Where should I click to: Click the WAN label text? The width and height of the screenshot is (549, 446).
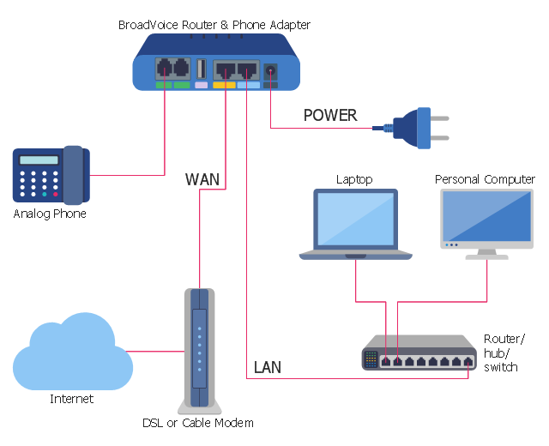pos(202,180)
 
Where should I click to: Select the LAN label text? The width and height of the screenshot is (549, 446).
pos(268,369)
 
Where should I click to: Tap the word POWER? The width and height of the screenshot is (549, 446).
pos(330,115)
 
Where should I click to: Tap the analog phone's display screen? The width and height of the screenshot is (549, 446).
pos(39,160)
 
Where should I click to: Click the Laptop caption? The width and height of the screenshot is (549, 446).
pos(354,180)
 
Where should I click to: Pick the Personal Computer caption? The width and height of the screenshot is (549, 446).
pos(485,180)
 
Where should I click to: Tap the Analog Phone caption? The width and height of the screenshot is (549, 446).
pos(50,214)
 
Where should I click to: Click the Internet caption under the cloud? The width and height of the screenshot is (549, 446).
pos(71,399)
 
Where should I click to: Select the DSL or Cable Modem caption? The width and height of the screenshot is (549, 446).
pos(198,423)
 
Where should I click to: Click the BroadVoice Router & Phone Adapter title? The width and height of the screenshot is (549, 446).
pos(214,25)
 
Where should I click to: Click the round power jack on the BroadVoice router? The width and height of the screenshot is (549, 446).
pos(271,72)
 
